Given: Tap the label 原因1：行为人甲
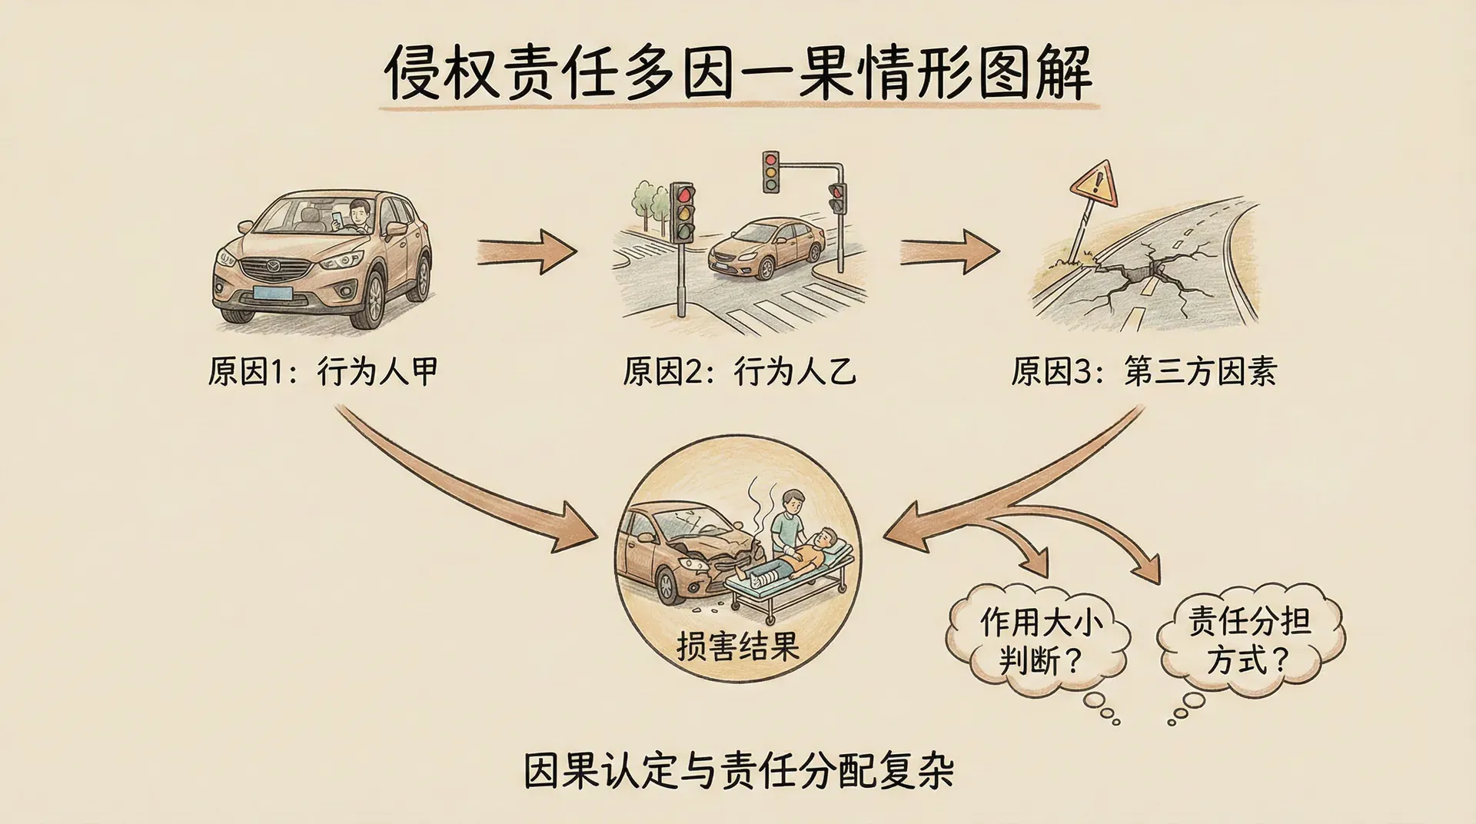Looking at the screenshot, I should [x=323, y=372].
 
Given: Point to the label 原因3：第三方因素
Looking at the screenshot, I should [x=1144, y=372].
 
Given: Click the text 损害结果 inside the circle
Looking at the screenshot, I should [x=738, y=646].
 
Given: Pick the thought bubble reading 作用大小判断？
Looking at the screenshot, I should [x=1039, y=641].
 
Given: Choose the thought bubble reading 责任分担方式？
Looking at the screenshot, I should [x=1248, y=640].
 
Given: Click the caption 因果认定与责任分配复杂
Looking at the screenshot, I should [x=738, y=770].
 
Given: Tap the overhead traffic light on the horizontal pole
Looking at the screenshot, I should [x=771, y=171].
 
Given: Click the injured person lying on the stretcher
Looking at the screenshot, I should [x=799, y=552].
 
